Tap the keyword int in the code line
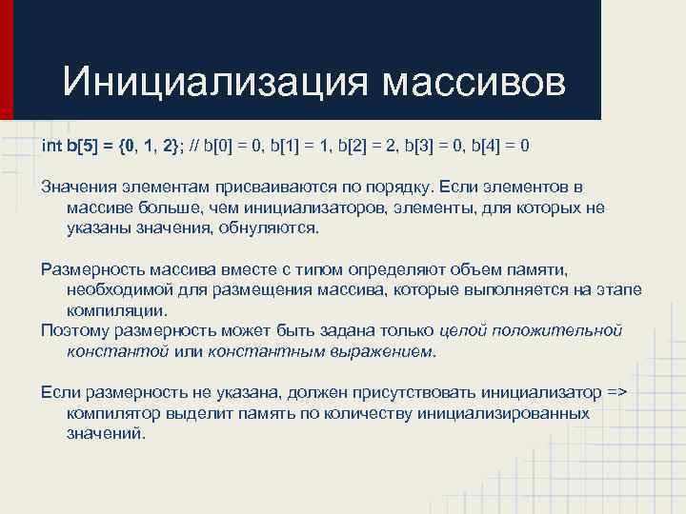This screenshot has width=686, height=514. tap(50, 146)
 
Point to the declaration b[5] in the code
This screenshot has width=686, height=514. tap(83, 146)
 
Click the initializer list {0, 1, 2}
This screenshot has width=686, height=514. tap(152, 146)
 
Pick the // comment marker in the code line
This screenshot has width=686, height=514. tap(194, 146)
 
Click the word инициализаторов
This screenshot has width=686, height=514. tap(299, 208)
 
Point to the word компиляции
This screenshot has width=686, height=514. tap(116, 310)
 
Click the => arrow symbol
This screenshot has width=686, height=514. tap(619, 392)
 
